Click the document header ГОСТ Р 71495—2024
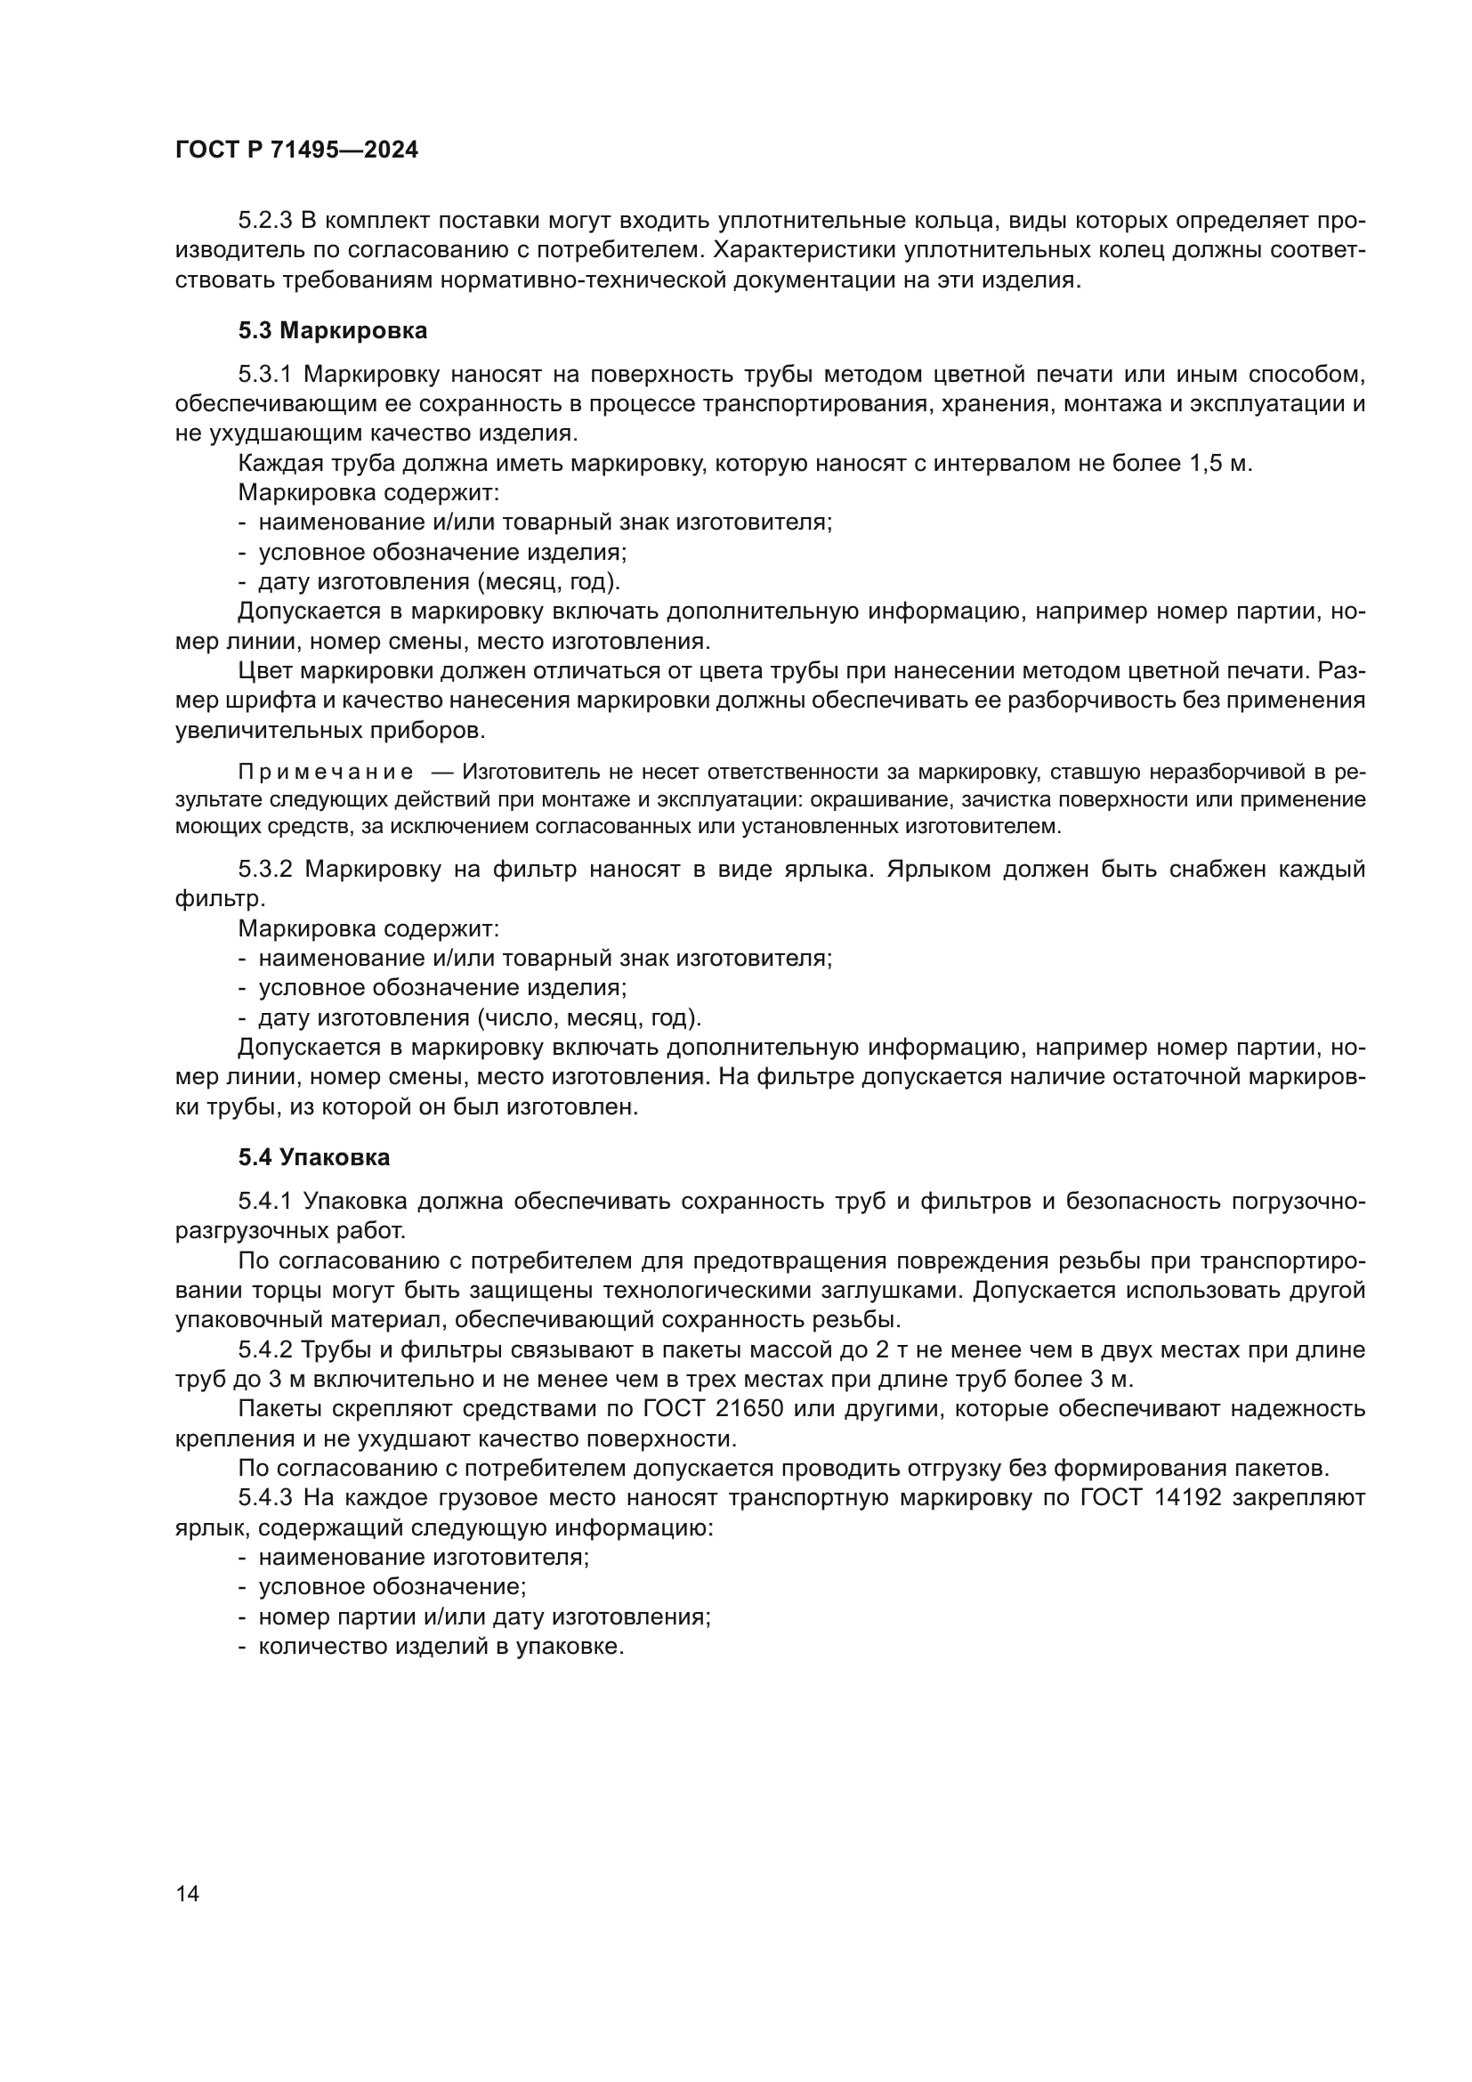[296, 150]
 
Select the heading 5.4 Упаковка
[313, 1157]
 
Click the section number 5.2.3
[264, 221]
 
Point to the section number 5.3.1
[264, 375]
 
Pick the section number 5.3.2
[264, 869]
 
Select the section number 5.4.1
[264, 1202]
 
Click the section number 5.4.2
[264, 1349]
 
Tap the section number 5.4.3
[264, 1498]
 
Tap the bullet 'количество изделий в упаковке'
[441, 1647]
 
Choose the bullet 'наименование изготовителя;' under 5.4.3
[424, 1558]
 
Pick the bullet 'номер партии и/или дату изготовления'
[483, 1616]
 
